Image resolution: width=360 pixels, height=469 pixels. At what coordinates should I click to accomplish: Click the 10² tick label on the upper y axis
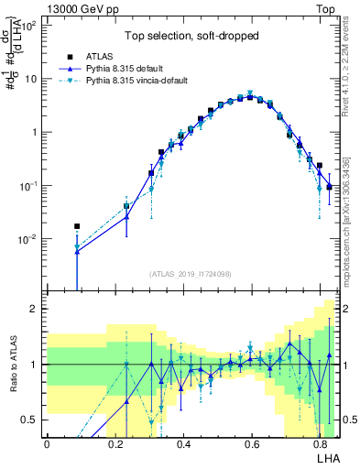point(32,25)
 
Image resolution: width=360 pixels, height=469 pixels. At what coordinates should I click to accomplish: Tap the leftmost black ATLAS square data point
point(77,225)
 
